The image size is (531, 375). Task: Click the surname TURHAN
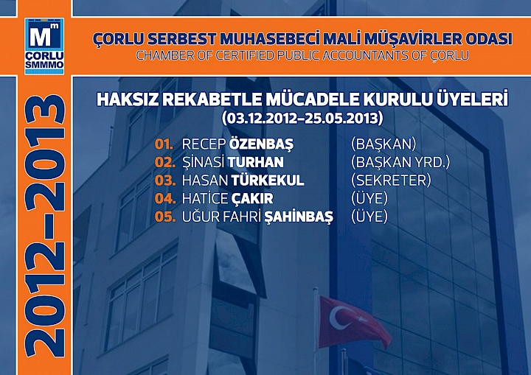256,161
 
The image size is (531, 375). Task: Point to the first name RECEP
204,143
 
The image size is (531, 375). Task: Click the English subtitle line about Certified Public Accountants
302,55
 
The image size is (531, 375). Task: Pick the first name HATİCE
204,198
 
